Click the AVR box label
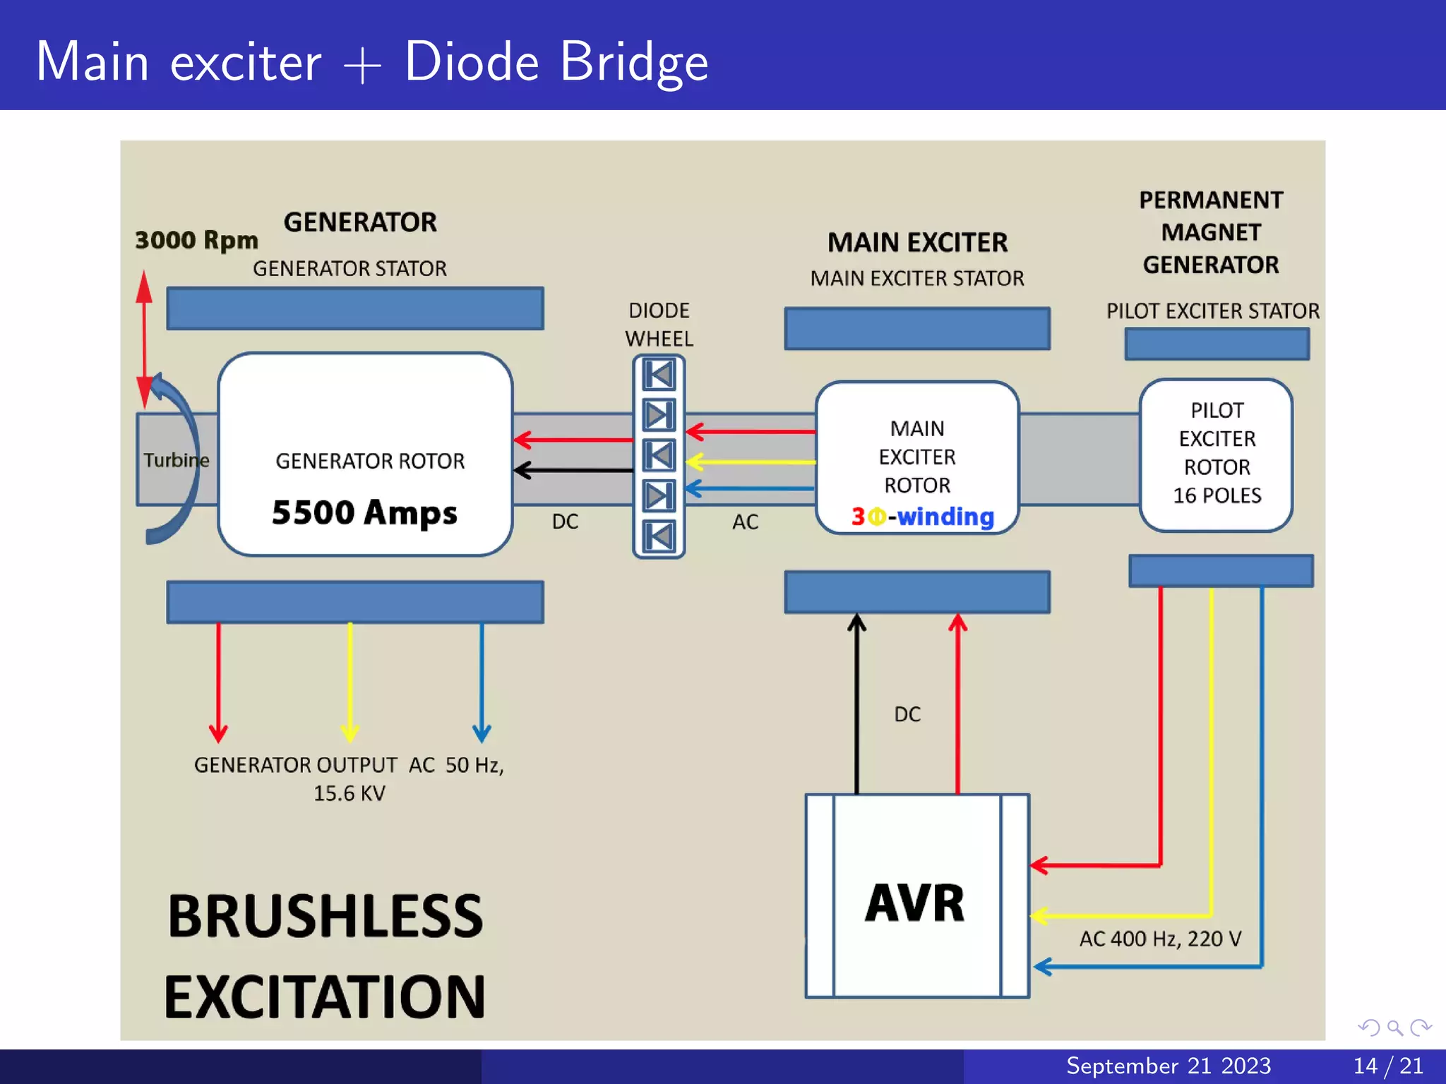pyautogui.click(x=914, y=903)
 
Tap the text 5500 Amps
pyautogui.click(x=364, y=512)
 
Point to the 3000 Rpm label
pyautogui.click(x=196, y=240)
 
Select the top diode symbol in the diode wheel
pyautogui.click(x=659, y=374)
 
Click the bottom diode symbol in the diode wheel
pyautogui.click(x=659, y=536)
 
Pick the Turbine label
pyautogui.click(x=177, y=460)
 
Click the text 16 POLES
pyautogui.click(x=1217, y=495)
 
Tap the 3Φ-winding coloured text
pyautogui.click(x=922, y=517)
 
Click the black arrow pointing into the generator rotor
pyautogui.click(x=572, y=470)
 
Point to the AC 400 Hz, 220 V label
pyautogui.click(x=1159, y=939)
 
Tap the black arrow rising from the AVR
pyautogui.click(x=856, y=706)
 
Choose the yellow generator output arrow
pyautogui.click(x=350, y=681)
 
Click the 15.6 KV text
pyautogui.click(x=349, y=793)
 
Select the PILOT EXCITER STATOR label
pyautogui.click(x=1212, y=311)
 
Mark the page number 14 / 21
pyautogui.click(x=1387, y=1066)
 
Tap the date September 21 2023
pyautogui.click(x=1168, y=1066)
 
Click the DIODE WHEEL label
pyautogui.click(x=659, y=325)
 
